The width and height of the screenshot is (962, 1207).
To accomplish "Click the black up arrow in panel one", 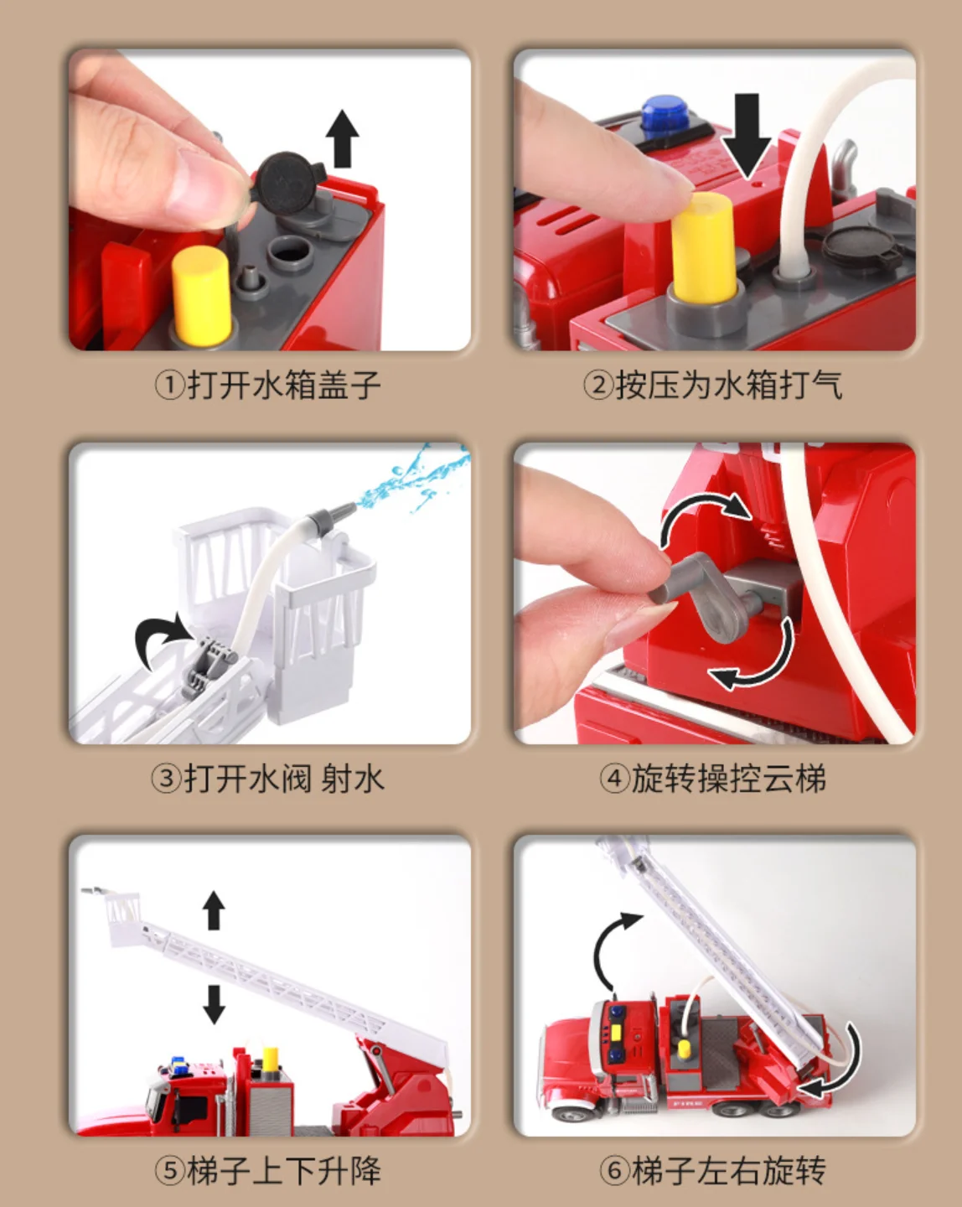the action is pos(343,138).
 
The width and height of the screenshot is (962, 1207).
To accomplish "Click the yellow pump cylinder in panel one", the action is pos(201,294).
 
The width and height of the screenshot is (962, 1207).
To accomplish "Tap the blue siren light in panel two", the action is pos(665,117).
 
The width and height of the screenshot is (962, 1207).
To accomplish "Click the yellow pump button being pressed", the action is pos(703,246).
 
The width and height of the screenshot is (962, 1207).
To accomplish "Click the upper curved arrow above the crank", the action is pos(703,513).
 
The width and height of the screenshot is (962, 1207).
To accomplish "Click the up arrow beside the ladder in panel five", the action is pos(214,910).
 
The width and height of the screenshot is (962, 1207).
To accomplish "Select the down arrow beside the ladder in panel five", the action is pos(214,1005).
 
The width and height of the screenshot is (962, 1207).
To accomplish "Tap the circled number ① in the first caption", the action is pos(169,386).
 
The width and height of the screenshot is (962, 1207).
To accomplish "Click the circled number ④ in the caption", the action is pos(615,779).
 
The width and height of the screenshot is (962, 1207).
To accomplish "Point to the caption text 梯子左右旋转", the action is pos(729,1170).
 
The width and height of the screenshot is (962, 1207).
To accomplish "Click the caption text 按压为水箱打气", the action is pos(729,386).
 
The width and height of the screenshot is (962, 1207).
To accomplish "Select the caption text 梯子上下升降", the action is pos(284,1170).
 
